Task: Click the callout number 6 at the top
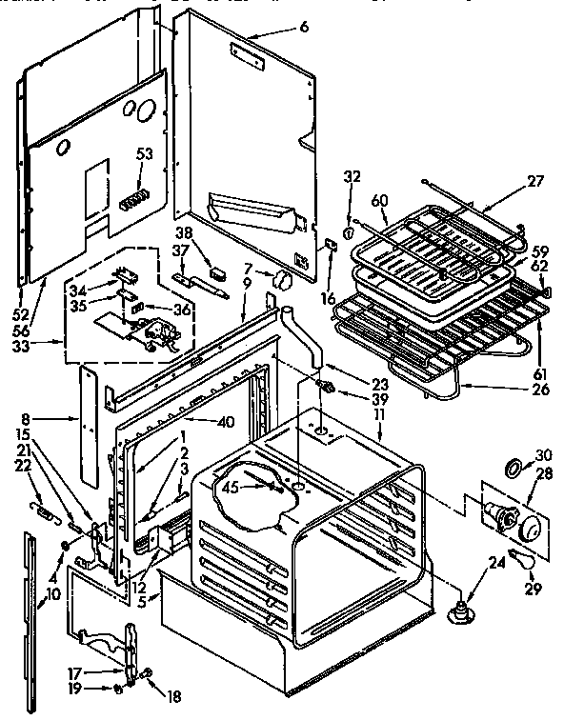click(304, 28)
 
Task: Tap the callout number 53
click(144, 154)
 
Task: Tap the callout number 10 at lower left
click(51, 594)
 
